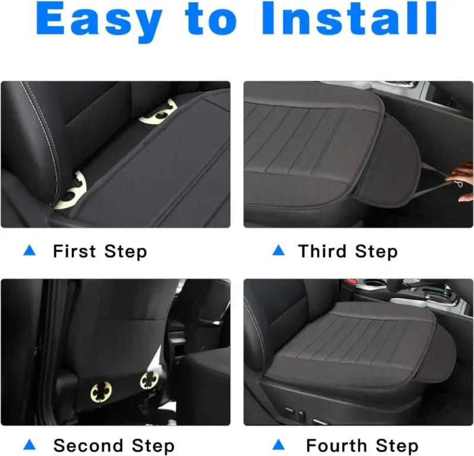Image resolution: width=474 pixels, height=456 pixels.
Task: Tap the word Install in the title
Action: (x=349, y=18)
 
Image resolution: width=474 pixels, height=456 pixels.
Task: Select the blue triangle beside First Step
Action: (x=30, y=251)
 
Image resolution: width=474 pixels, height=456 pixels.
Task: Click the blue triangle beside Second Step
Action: (x=30, y=445)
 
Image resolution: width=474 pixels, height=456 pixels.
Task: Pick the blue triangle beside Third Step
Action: (x=279, y=251)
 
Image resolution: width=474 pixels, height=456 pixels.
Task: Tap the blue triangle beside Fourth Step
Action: (x=279, y=445)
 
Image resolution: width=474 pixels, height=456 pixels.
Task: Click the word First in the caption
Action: (x=74, y=251)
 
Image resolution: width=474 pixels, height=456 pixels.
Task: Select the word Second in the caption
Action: (x=88, y=445)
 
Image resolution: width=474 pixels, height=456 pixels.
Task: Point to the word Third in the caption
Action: (x=322, y=251)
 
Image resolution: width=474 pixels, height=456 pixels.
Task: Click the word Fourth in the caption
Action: (x=336, y=445)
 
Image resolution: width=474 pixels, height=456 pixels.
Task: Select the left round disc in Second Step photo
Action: (x=101, y=392)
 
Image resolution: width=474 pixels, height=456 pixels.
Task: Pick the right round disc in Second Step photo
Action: (x=149, y=380)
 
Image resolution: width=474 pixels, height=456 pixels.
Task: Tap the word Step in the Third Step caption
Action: (x=377, y=252)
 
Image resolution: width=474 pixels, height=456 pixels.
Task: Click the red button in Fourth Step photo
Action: (x=350, y=281)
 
